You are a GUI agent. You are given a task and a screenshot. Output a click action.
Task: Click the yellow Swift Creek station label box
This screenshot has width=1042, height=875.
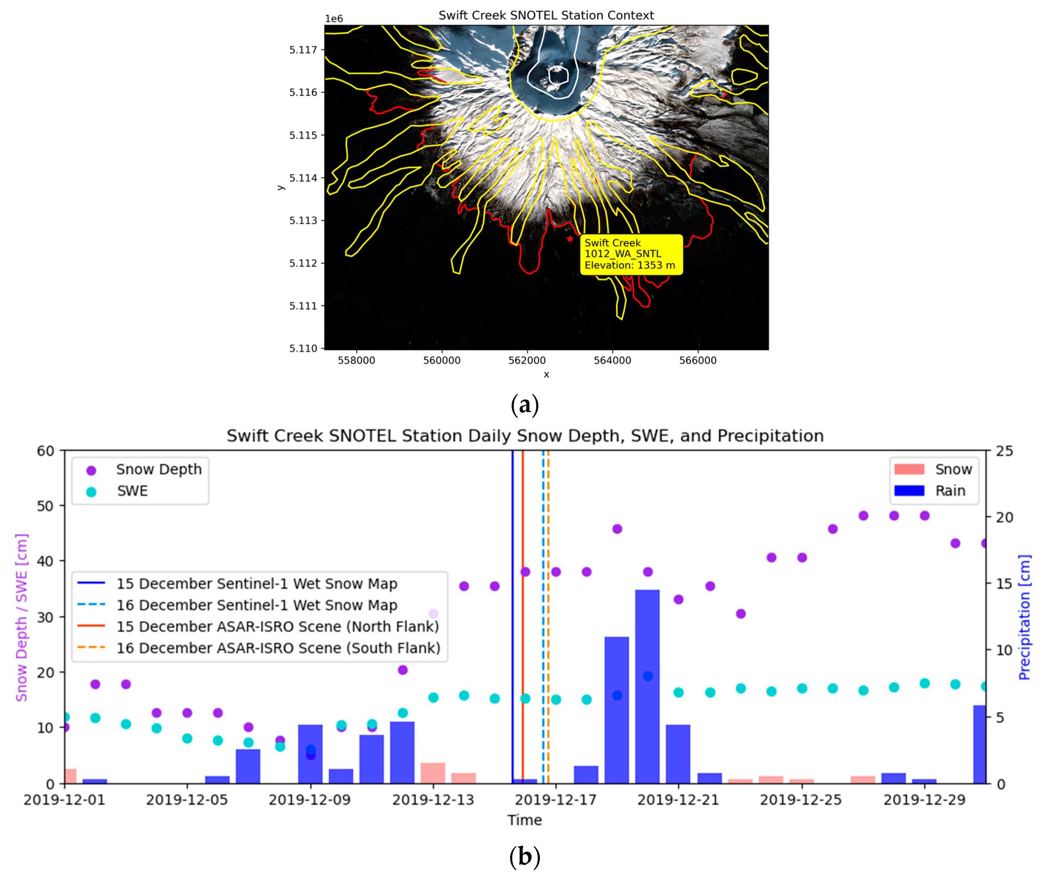tap(631, 254)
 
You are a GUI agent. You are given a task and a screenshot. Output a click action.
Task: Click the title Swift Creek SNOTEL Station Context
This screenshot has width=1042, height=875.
tap(546, 15)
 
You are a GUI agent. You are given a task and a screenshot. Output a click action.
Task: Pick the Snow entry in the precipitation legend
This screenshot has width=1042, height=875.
tap(953, 469)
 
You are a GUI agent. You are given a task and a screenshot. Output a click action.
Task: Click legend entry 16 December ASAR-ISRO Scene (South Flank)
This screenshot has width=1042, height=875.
tap(278, 648)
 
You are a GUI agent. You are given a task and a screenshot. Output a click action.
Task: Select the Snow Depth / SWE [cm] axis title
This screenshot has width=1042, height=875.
tap(21, 617)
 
